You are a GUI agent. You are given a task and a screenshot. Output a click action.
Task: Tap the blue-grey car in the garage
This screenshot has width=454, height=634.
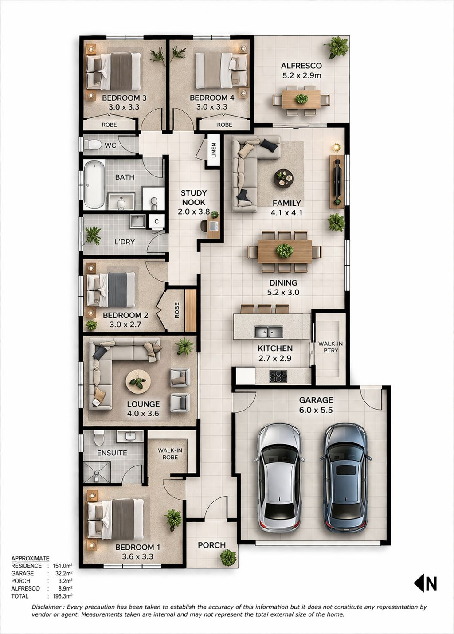(x=346, y=478)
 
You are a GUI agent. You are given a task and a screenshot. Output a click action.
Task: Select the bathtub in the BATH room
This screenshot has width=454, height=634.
(x=94, y=185)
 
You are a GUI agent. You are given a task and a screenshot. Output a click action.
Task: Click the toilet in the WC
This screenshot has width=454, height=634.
(x=93, y=145)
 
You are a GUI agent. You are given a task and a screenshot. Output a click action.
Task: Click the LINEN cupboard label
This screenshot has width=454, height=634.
(x=213, y=150)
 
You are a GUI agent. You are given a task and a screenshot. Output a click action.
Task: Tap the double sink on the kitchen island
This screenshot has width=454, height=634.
(x=269, y=332)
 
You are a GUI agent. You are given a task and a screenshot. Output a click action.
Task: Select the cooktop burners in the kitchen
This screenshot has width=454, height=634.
(x=278, y=376)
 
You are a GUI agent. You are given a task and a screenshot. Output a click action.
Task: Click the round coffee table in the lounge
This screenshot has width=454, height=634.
(x=138, y=382)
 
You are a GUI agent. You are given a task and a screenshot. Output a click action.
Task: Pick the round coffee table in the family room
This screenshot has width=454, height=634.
(x=284, y=178)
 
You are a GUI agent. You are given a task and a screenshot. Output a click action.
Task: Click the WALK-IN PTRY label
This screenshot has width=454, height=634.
(x=330, y=347)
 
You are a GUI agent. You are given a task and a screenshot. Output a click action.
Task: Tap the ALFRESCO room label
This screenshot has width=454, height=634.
(x=301, y=66)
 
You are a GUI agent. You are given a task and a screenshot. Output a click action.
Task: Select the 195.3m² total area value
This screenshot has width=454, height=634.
(x=62, y=596)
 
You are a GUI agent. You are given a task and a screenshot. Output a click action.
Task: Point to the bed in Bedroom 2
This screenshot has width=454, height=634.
(x=111, y=290)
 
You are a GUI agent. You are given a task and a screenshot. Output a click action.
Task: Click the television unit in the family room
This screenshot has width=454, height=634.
(x=337, y=181)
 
